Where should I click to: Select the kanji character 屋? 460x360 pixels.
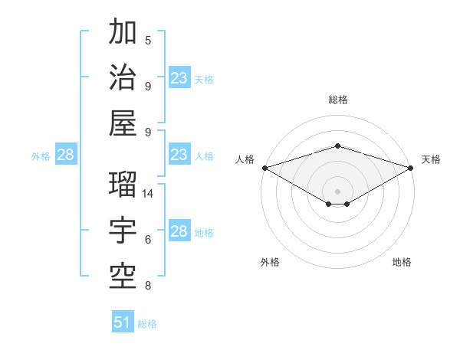123,122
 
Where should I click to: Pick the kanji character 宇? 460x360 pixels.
123,229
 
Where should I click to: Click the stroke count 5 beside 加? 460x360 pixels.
148,40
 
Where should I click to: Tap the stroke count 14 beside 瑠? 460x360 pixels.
149,194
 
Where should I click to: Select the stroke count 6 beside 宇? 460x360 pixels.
148,240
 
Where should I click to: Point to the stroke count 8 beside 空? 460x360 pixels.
148,286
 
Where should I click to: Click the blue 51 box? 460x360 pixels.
123,322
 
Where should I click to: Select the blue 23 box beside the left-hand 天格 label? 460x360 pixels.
179,78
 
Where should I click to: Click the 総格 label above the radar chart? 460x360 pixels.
337,100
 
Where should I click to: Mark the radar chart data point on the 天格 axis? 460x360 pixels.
412,168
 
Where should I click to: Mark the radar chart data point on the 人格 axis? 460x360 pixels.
264,168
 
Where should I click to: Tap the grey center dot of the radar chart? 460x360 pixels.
337,190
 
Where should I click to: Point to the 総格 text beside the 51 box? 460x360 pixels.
147,324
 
